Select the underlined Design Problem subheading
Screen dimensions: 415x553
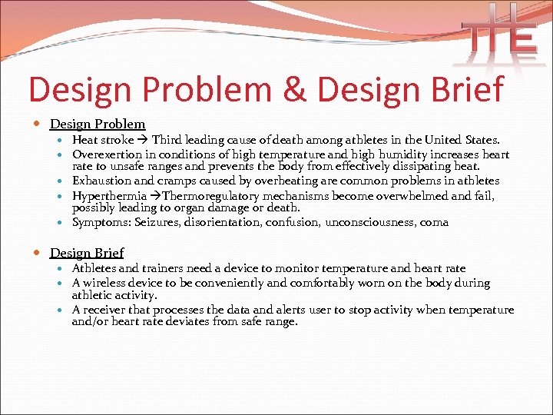(98, 124)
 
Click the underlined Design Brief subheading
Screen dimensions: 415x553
(87, 252)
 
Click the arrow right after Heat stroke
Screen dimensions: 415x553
(141, 140)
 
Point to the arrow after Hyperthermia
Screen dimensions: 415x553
(154, 195)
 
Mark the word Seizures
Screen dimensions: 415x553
(157, 222)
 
